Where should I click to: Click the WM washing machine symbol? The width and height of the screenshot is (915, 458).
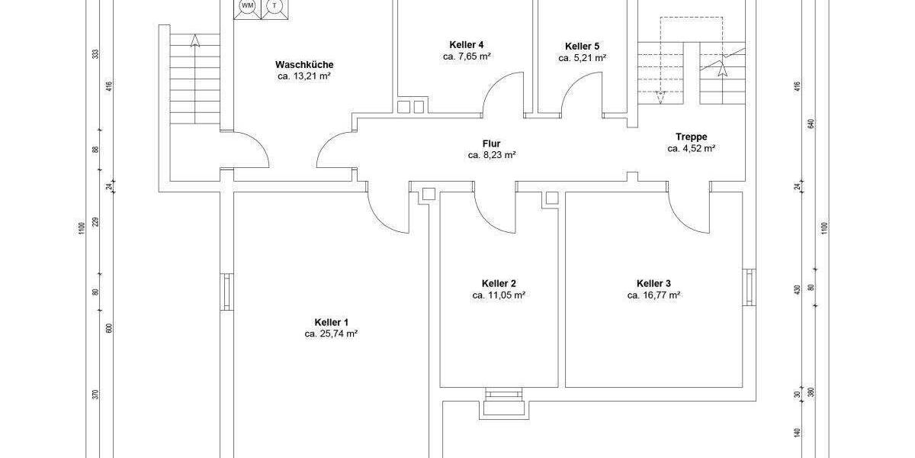point(247,7)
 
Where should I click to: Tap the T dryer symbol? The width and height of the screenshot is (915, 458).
point(273,7)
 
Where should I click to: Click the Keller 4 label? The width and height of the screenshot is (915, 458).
point(466,44)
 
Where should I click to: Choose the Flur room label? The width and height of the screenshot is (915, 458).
point(492,143)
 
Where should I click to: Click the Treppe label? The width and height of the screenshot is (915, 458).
point(691,137)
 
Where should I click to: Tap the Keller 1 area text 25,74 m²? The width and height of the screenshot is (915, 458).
point(331,334)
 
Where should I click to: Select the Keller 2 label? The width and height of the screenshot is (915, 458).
point(499,282)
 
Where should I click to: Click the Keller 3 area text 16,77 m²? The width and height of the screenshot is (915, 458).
point(653,295)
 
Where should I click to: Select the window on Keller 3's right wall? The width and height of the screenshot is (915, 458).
point(749,288)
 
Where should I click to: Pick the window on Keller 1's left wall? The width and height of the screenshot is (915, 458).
point(226,292)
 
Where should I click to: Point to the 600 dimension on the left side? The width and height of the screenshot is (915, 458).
point(109,328)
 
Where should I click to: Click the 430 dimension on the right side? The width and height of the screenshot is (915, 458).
point(798,290)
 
